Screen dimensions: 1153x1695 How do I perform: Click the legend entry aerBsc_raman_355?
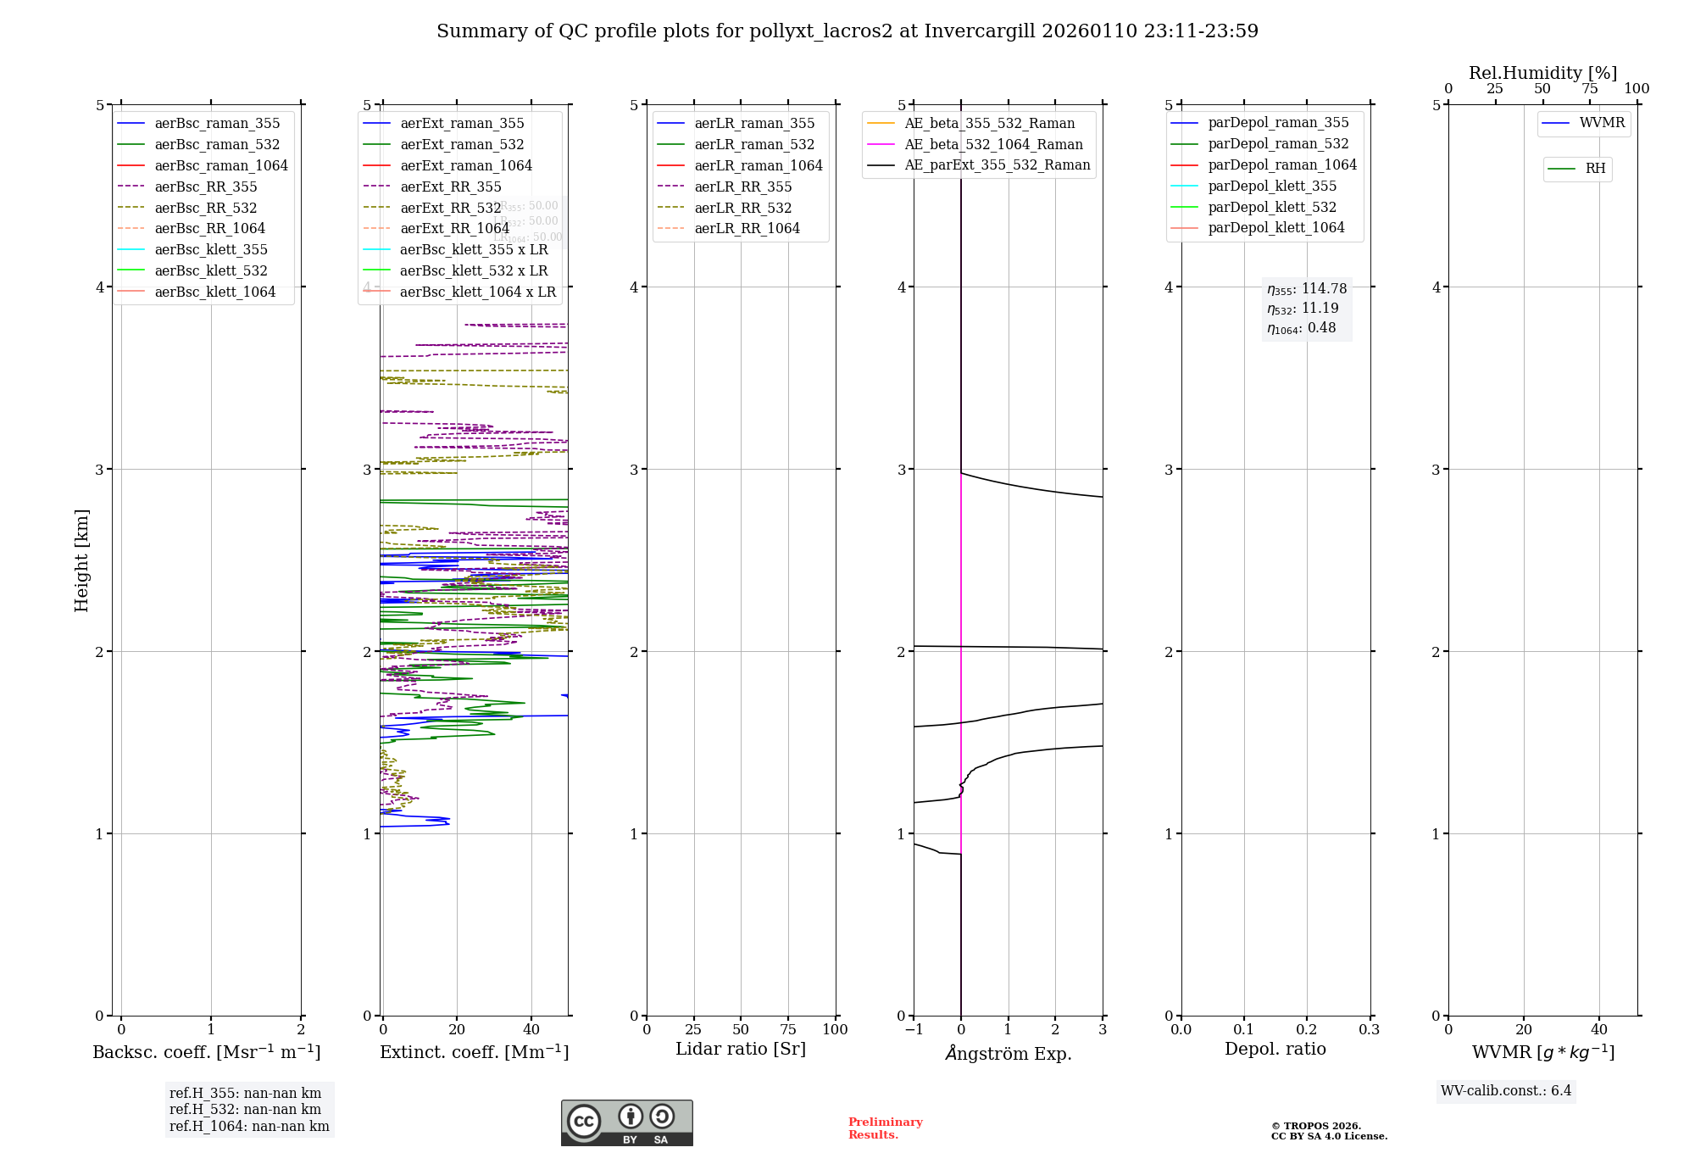tap(217, 124)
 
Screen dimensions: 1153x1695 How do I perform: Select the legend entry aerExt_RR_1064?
tap(454, 229)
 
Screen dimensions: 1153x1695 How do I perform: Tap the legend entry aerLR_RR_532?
tap(742, 209)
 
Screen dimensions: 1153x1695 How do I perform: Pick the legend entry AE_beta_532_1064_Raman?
tap(993, 145)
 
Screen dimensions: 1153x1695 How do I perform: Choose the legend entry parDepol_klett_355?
tap(1271, 187)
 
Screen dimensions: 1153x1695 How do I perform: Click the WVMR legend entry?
tap(1601, 124)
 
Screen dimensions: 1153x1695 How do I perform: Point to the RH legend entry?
tap(1594, 170)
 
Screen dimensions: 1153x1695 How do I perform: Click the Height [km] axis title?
tap(81, 560)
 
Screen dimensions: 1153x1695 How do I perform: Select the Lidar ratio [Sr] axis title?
tap(740, 1050)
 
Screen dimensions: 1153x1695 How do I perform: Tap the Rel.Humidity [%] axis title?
tap(1542, 73)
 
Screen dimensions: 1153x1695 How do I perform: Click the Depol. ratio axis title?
tap(1275, 1050)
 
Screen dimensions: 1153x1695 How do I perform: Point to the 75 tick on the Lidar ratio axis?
tap(788, 1030)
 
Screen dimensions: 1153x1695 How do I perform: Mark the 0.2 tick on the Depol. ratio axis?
tap(1307, 1030)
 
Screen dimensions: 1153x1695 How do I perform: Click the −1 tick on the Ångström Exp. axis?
tap(914, 1030)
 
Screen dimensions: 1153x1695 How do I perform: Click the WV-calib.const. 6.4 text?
tap(1506, 1091)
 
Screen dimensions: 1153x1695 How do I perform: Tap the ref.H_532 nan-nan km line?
tap(245, 1110)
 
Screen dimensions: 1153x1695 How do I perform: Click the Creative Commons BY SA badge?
tap(626, 1123)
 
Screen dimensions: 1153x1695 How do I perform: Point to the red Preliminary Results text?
tap(885, 1128)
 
